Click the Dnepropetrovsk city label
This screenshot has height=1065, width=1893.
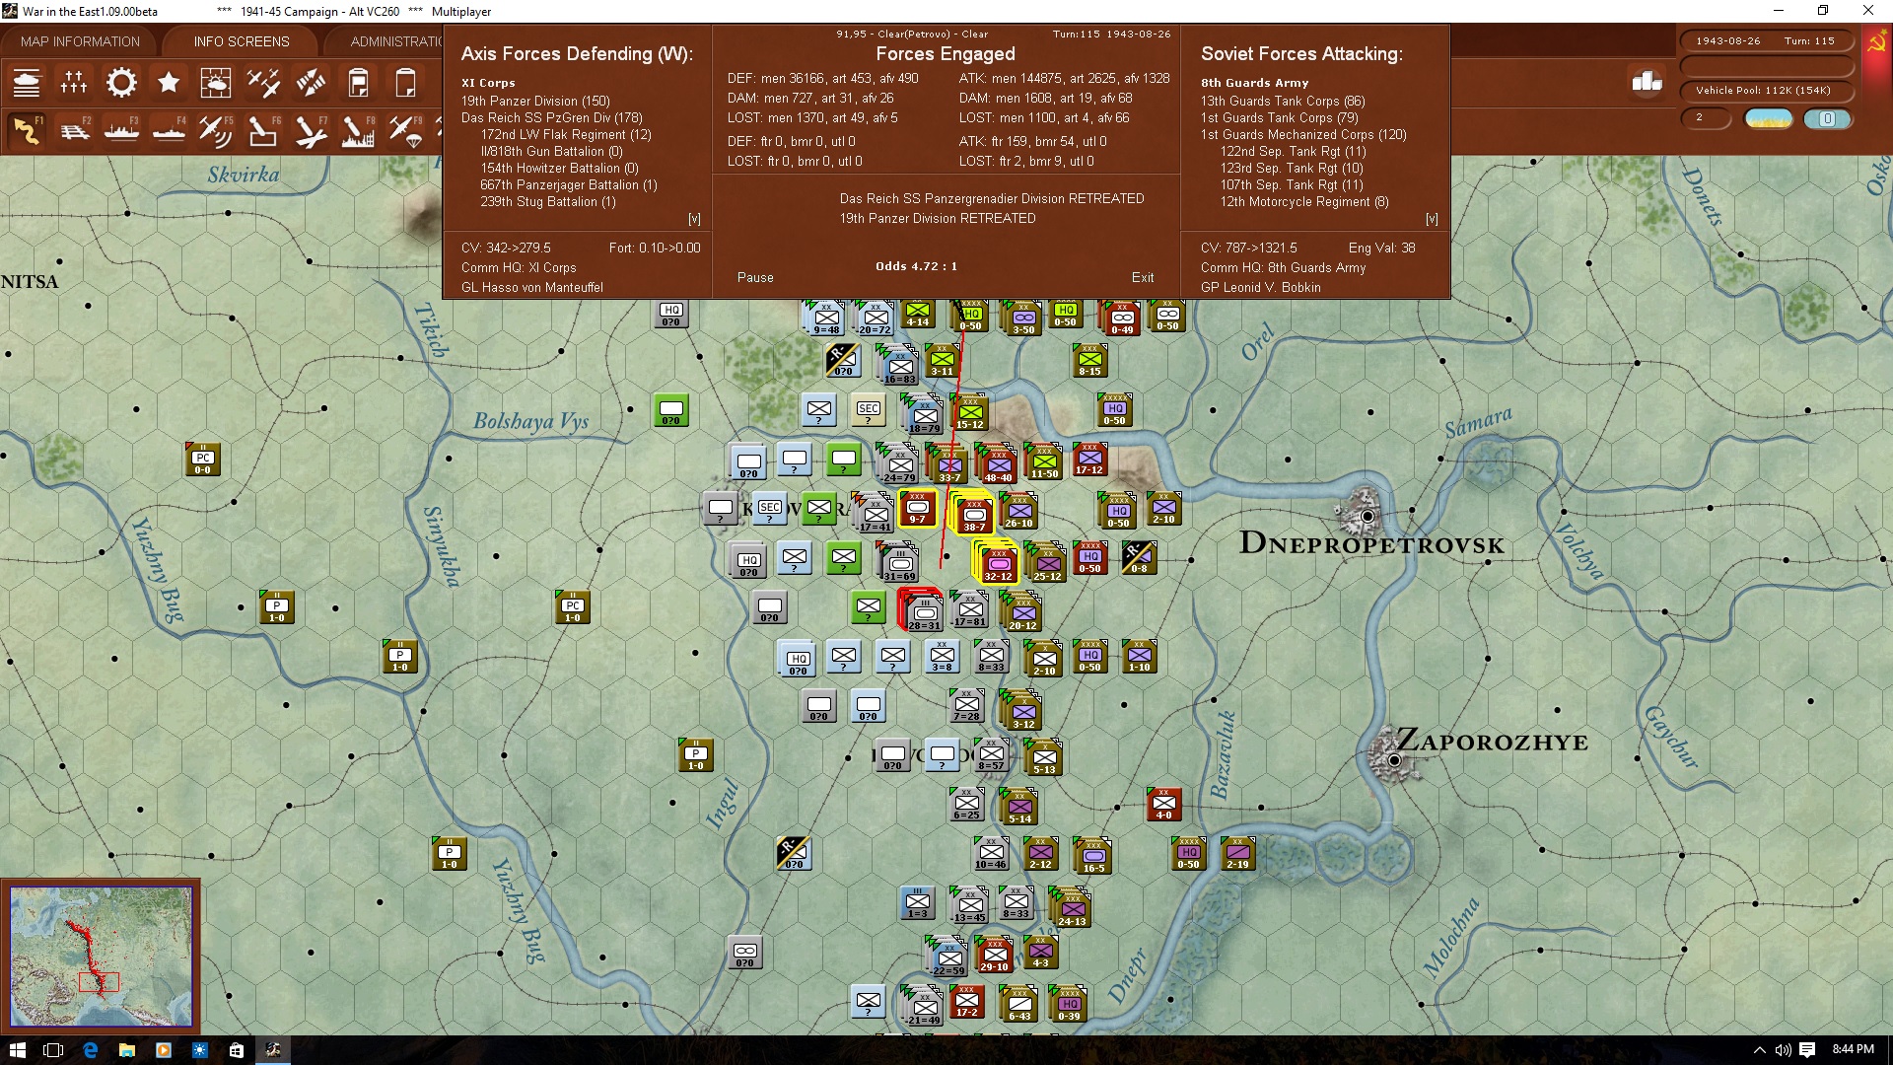[1371, 543]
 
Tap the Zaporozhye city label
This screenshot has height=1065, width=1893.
[1492, 742]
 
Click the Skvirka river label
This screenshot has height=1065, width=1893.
[243, 175]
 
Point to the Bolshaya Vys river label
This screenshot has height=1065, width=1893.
[530, 421]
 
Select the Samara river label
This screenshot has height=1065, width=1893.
[1477, 422]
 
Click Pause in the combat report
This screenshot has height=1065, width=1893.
[755, 277]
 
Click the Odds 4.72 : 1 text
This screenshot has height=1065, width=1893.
[916, 266]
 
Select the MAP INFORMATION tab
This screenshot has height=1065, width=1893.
[80, 41]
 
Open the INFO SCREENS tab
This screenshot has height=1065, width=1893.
[242, 41]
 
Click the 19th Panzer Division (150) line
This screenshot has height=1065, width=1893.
[535, 101]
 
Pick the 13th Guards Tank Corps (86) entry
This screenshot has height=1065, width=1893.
[1283, 101]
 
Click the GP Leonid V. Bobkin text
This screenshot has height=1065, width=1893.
[1260, 287]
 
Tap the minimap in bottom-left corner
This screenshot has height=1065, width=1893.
[101, 956]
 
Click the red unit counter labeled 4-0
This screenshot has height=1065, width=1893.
[1163, 804]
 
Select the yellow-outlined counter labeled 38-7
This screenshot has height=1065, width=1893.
[973, 514]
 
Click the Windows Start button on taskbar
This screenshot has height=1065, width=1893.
[17, 1049]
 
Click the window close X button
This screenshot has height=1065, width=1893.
[1867, 11]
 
